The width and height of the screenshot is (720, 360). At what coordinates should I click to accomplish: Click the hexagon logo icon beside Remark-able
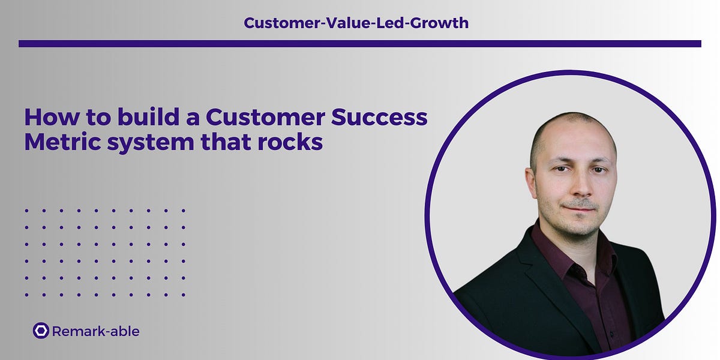point(41,331)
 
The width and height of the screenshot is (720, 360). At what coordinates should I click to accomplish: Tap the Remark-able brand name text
point(96,331)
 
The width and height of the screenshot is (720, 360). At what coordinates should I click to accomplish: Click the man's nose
point(577,186)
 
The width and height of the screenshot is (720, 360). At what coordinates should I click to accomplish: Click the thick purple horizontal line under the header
point(360,43)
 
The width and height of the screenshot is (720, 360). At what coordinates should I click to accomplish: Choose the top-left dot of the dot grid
point(26,211)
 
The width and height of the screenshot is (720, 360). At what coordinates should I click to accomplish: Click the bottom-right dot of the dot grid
point(184,295)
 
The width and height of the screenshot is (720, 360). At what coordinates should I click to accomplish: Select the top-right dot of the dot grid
point(184,211)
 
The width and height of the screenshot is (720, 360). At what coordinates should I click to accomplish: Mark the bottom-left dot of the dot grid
point(26,295)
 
